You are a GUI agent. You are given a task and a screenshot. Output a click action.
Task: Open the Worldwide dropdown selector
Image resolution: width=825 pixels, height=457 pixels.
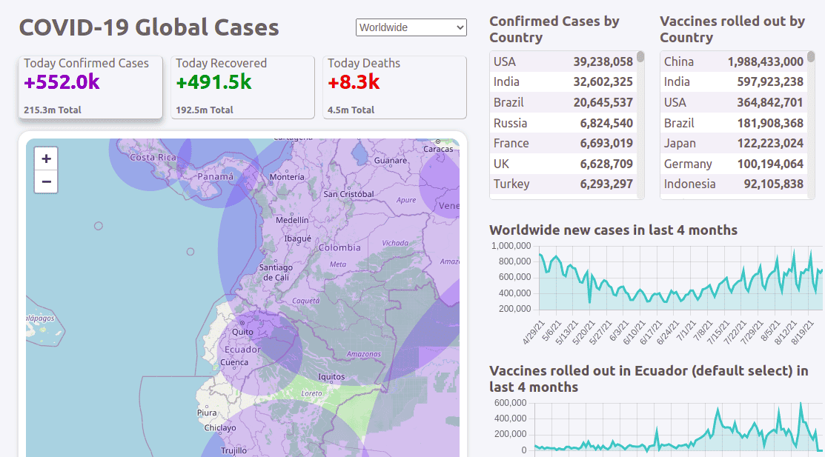coord(411,27)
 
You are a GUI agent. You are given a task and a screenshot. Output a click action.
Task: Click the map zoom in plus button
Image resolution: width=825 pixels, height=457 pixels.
coord(46,159)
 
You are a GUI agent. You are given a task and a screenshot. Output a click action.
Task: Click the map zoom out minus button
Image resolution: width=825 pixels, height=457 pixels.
coord(46,181)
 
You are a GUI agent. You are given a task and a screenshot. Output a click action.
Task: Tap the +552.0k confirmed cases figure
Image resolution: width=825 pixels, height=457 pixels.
coord(62,82)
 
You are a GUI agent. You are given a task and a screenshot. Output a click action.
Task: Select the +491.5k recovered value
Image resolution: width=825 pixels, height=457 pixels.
coord(213,82)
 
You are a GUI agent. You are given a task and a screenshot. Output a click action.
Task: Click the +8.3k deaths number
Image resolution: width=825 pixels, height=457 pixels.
coord(354,82)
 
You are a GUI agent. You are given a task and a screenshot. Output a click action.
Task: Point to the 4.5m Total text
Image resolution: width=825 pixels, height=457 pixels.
coord(351,110)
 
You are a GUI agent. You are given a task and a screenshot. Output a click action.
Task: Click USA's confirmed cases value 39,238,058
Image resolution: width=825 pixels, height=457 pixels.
coord(603,61)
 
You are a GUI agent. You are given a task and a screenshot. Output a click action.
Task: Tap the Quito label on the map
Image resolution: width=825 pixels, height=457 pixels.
coord(242,333)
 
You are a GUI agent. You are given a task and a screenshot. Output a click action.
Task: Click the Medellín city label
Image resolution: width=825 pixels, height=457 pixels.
coord(292,220)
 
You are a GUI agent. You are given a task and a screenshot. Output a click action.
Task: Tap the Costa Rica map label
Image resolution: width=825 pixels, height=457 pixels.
coord(153,158)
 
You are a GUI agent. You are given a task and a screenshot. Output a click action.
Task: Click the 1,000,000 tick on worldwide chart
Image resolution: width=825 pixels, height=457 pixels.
coord(510,246)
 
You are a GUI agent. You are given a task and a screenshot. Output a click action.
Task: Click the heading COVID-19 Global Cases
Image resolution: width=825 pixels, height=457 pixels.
coord(149,27)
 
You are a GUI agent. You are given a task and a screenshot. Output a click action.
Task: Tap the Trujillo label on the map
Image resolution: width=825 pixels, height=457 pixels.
coord(233,450)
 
